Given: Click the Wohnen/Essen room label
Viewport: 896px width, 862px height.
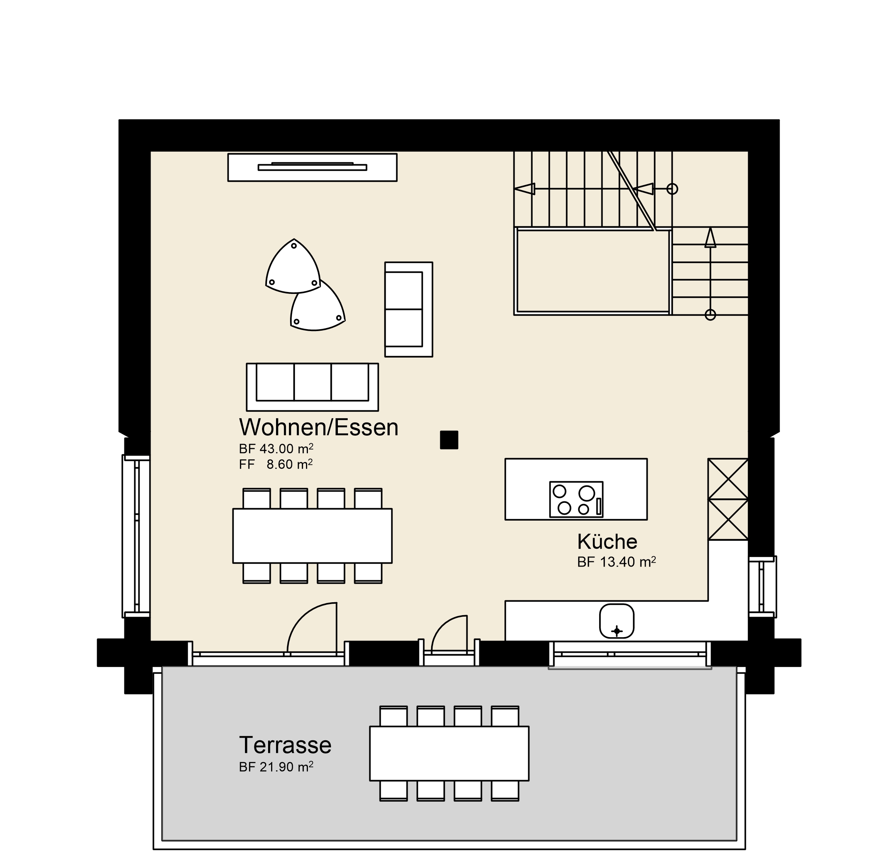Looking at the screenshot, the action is [x=319, y=427].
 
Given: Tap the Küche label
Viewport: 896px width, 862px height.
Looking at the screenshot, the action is [x=607, y=542].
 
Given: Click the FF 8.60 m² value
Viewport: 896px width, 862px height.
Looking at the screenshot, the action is [x=276, y=464].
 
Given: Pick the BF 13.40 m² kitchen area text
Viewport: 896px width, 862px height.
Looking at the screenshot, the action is [x=617, y=562].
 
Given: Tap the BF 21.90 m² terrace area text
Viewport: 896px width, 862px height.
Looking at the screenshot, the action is [x=276, y=767].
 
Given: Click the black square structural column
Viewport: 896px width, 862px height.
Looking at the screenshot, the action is [x=449, y=440].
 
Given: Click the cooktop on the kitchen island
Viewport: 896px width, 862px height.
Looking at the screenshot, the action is [x=576, y=499].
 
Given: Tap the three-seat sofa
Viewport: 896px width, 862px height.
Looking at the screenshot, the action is [x=312, y=387].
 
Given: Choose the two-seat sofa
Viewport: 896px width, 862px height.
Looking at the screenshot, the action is [x=409, y=309].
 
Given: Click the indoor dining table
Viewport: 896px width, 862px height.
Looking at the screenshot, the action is [x=312, y=535].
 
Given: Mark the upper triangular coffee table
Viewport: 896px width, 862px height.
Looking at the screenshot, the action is [x=293, y=267].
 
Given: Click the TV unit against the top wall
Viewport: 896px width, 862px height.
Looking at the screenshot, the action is [x=312, y=167].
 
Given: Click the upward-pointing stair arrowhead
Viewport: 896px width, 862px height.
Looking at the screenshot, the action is [x=710, y=238].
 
